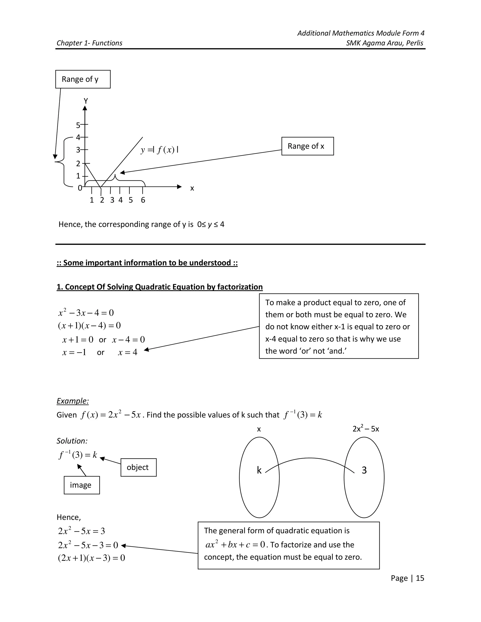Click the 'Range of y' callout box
click(83, 79)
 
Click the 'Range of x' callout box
click(307, 146)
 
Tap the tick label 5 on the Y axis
click(78, 125)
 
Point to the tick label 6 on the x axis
click(143, 200)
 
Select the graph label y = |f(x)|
click(159, 150)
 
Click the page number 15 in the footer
click(420, 578)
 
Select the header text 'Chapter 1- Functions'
click(89, 43)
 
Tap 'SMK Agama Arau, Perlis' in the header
click(384, 43)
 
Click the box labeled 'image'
click(81, 485)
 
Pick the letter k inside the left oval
click(259, 470)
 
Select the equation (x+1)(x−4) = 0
click(89, 326)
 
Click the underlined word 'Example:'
click(73, 401)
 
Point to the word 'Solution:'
click(72, 441)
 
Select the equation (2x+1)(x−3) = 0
click(91, 558)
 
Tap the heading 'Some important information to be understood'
click(147, 263)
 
